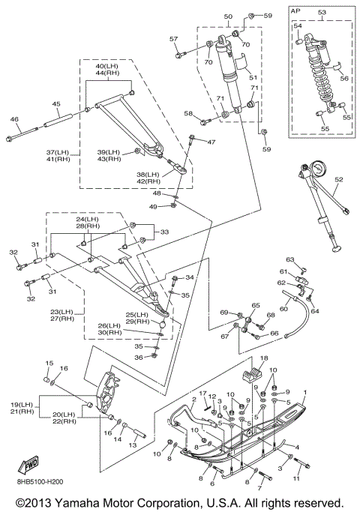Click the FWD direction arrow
[x=28, y=464]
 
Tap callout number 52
[x=339, y=179]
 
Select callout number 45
[x=56, y=104]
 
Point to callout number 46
[x=14, y=119]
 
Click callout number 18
[x=264, y=358]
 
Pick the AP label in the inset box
[x=296, y=10]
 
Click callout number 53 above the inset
[x=322, y=12]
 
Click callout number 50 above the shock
[x=228, y=16]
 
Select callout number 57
[x=173, y=39]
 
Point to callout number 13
[x=132, y=445]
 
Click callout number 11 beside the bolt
[x=296, y=478]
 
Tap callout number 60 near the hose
[x=284, y=308]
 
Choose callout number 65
[x=256, y=305]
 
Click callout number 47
[x=211, y=142]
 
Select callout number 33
[x=165, y=232]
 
